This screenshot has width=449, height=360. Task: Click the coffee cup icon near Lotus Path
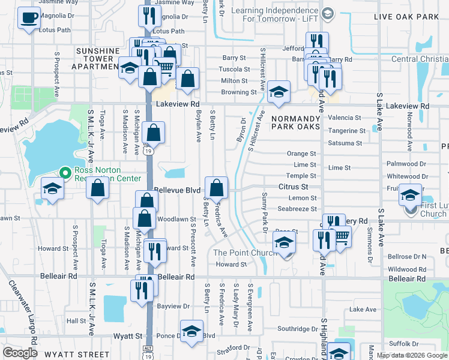coord(28,18)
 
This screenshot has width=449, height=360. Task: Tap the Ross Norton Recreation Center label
coord(108,174)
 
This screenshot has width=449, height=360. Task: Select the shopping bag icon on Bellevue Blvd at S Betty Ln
coord(217,188)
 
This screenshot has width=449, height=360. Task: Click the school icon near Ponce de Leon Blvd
coord(191,332)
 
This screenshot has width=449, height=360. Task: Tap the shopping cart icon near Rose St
coord(340,238)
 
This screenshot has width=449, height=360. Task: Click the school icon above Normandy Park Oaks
coord(279,92)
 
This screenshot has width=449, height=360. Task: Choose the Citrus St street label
coord(293,187)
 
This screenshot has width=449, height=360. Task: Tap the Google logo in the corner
coord(20,353)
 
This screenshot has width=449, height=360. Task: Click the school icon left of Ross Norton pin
coord(53,189)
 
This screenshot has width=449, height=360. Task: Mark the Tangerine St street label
coord(346,131)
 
